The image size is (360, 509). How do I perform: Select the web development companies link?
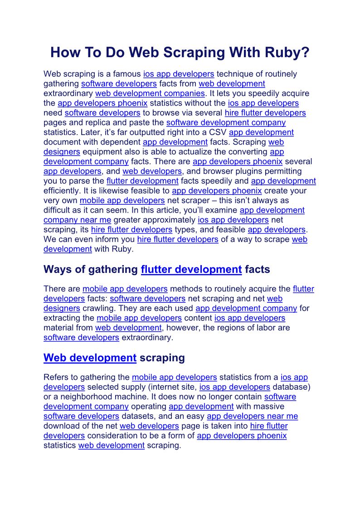[x=150, y=93]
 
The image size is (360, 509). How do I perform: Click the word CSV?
[x=218, y=132]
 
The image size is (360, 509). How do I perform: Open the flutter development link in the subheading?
[x=191, y=270]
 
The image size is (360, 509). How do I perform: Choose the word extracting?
[x=68, y=318]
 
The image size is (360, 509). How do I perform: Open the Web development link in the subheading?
[x=90, y=358]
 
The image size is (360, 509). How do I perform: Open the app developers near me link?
[x=252, y=416]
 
